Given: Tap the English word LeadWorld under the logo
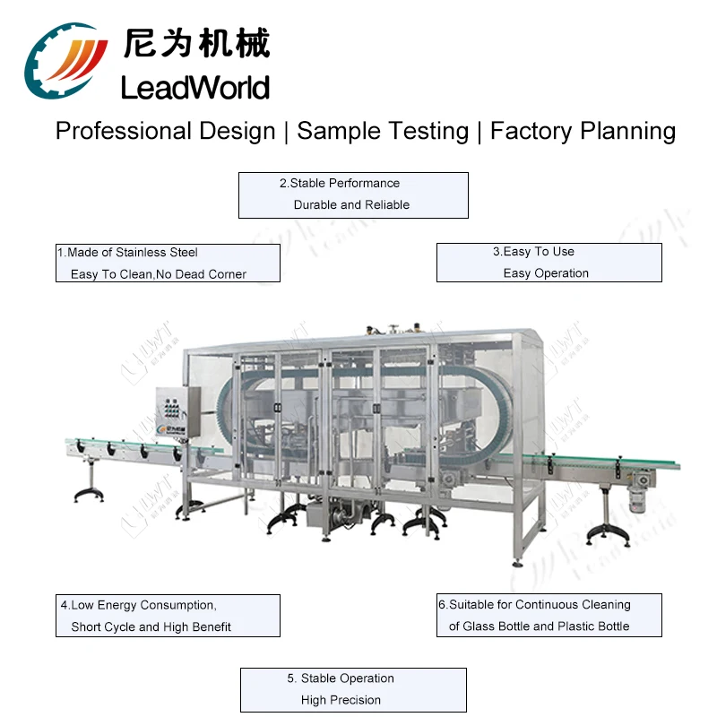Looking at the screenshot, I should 194,88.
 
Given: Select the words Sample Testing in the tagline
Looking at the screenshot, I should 383,132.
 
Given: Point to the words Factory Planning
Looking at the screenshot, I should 583,132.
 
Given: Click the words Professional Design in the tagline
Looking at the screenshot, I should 165,132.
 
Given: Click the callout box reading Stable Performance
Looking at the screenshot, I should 353,194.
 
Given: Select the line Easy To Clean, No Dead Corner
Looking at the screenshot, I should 158,274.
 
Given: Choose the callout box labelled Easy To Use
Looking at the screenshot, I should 549,263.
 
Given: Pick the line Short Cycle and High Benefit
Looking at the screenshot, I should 151,626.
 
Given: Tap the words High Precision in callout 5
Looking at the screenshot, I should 341,700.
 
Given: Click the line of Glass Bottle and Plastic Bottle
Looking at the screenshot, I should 539,626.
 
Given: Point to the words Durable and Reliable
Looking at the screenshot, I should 351,205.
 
